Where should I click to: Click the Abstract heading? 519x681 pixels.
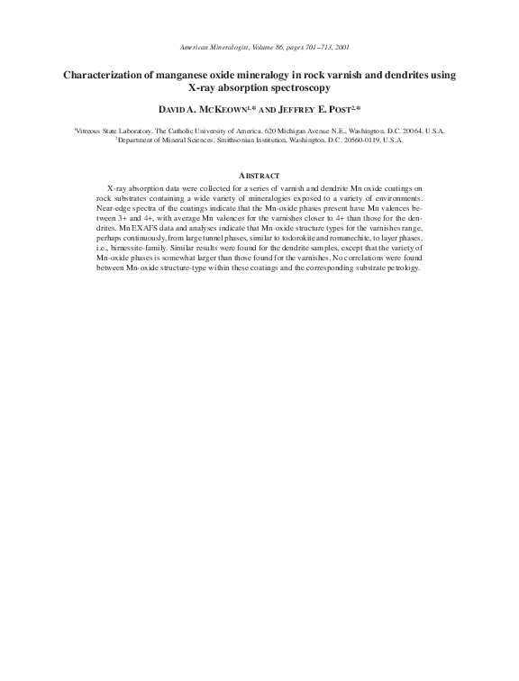pos(259,175)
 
